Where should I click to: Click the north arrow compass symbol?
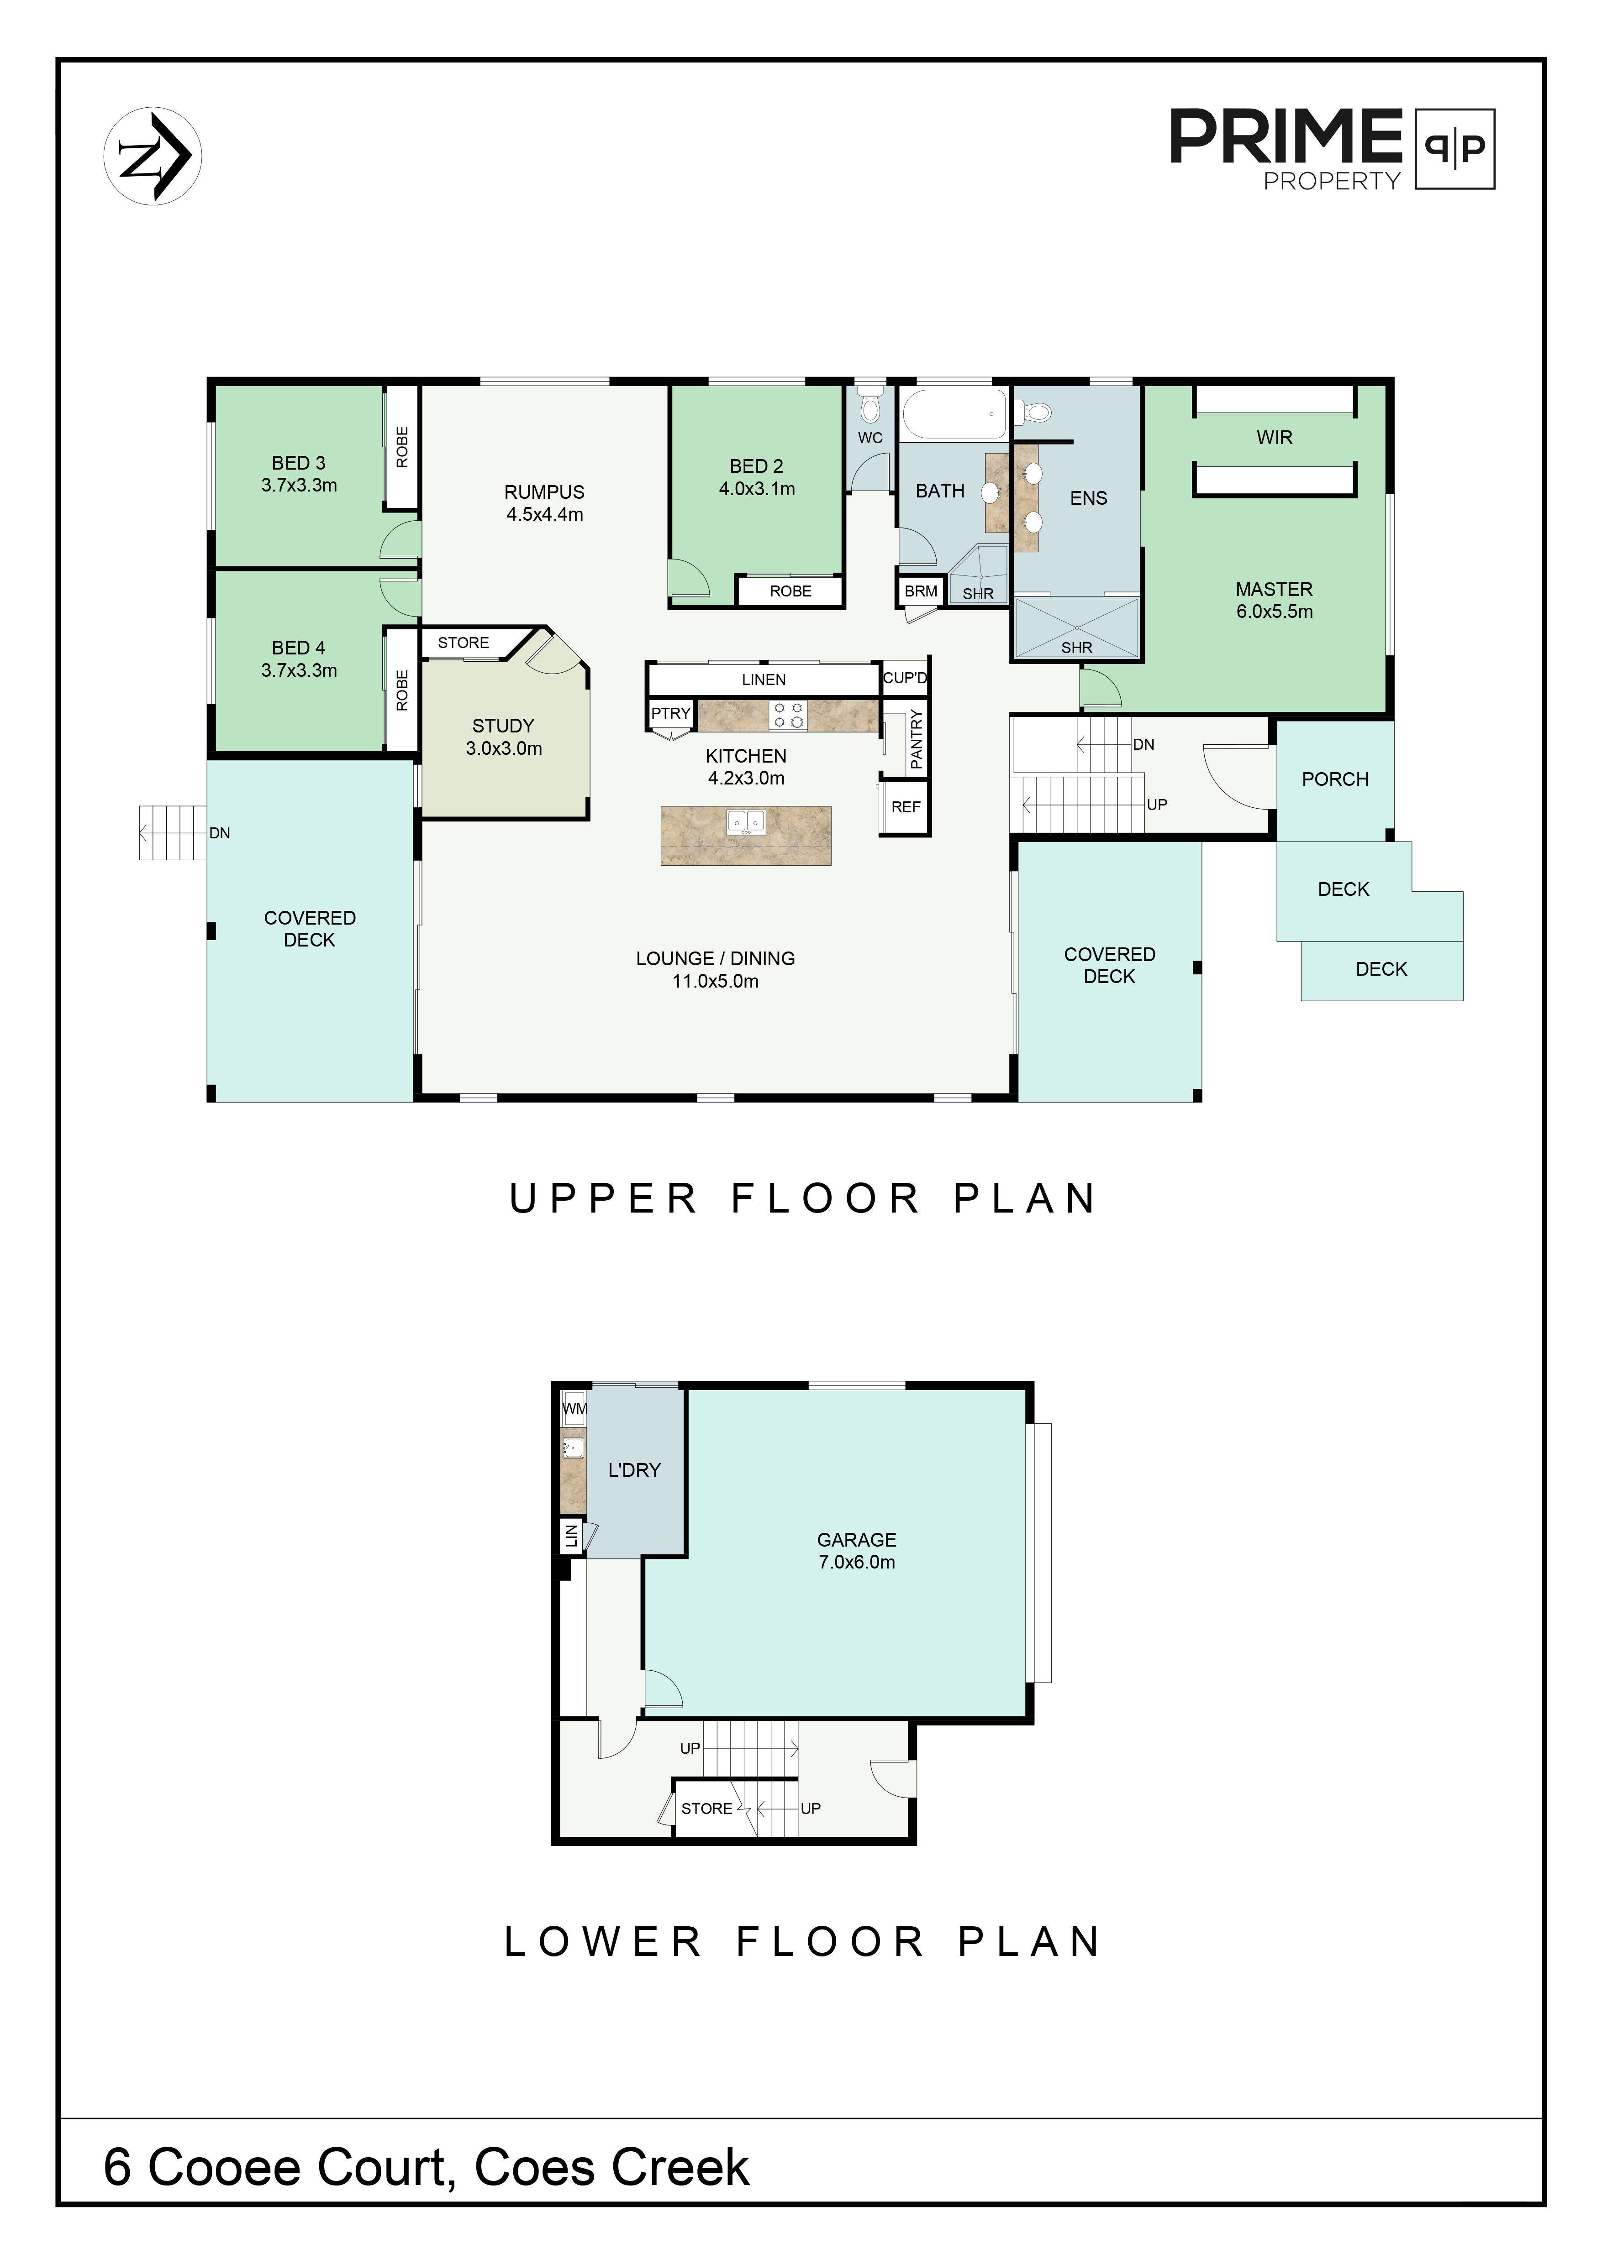(x=153, y=156)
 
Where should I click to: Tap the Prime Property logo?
(x=1332, y=149)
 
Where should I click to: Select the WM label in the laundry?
(x=574, y=1408)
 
